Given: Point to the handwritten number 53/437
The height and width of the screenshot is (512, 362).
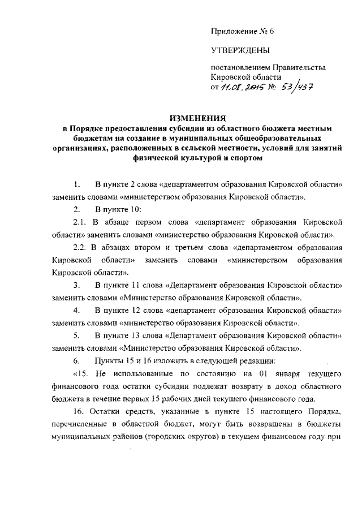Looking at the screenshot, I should [x=300, y=87].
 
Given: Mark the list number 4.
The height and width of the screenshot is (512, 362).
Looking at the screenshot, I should [x=76, y=310].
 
